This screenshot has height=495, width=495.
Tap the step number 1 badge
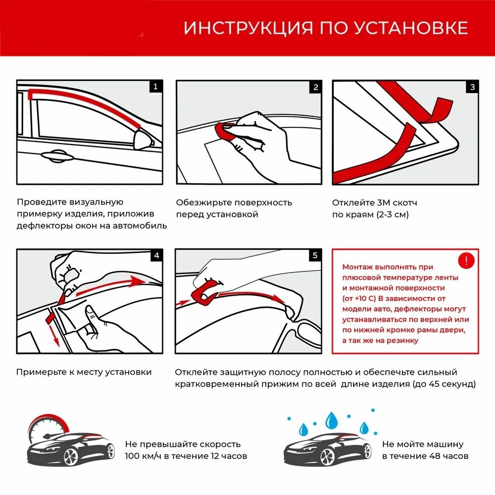pyautogui.click(x=155, y=87)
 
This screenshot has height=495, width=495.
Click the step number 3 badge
pyautogui.click(x=473, y=87)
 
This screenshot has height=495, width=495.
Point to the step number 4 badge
pyautogui.click(x=156, y=255)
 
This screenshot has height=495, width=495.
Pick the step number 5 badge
pyautogui.click(x=315, y=255)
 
